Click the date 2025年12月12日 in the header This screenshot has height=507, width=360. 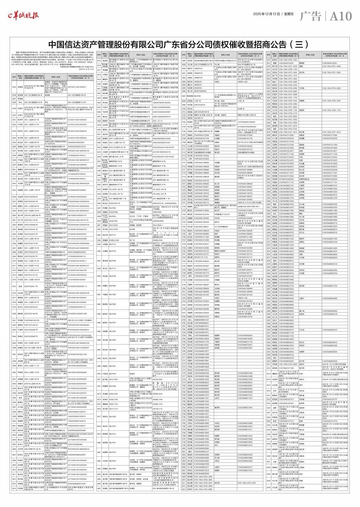click(x=267, y=14)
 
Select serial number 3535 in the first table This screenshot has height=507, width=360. click(x=14, y=86)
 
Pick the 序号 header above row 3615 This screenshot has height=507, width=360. click(x=104, y=55)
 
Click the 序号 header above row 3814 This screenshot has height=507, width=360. click(x=269, y=55)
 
